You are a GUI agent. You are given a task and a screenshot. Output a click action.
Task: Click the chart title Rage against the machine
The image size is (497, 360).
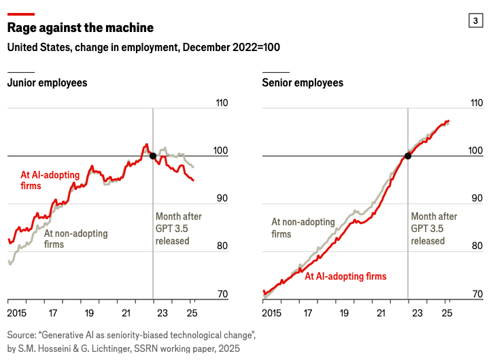coord(80,28)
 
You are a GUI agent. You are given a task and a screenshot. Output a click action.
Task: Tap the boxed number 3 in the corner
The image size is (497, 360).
coord(475,21)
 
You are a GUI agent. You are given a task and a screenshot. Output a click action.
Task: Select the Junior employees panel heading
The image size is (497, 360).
coord(47,83)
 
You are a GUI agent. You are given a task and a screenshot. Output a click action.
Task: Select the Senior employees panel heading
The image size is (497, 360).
coord(303,83)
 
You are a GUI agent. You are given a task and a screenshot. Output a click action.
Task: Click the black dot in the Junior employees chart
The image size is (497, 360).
coord(153,156)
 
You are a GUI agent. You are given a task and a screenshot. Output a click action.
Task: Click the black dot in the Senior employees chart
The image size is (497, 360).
coord(408,156)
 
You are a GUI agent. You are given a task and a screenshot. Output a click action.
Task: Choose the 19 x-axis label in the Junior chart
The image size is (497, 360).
coord(89,314)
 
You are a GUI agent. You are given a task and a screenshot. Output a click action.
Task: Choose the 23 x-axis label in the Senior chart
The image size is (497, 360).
coord(417,314)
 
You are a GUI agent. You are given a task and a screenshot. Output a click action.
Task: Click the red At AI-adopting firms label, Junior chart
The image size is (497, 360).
coord(50,180)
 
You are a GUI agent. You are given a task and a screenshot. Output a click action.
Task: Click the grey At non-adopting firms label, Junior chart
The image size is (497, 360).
coord(75,239)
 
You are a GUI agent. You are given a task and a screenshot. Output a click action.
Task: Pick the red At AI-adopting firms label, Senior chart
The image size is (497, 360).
coord(345,276)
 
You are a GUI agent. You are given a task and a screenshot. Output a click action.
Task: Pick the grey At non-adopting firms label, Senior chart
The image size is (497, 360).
coord(303,228)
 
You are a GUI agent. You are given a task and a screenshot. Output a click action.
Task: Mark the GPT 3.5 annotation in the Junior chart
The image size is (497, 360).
coord(178,229)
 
